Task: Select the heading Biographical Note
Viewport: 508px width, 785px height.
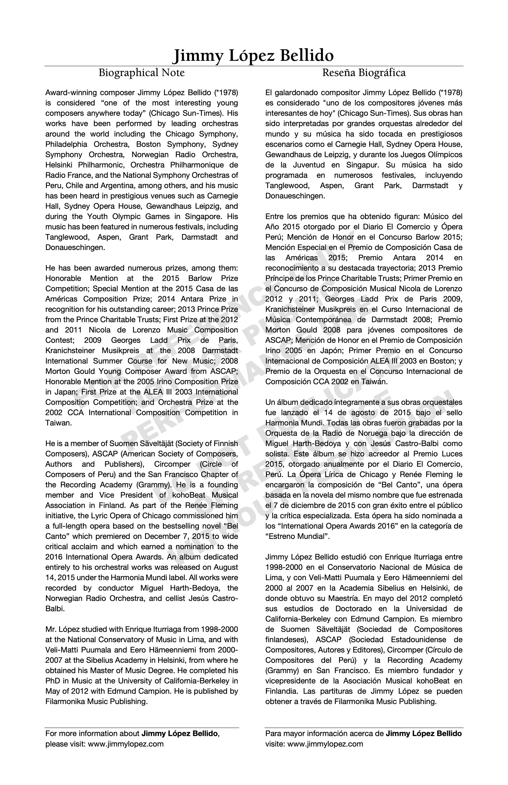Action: click(x=141, y=73)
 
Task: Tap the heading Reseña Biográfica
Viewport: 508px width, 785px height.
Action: click(x=364, y=73)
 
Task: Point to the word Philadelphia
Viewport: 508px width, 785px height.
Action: click(x=66, y=144)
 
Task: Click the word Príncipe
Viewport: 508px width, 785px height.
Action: click(x=280, y=278)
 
